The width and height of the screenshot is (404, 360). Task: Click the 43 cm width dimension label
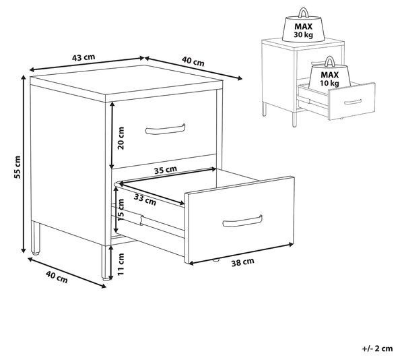click(x=83, y=57)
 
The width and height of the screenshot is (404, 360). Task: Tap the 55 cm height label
click(x=18, y=167)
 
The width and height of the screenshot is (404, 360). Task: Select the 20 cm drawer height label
click(x=121, y=138)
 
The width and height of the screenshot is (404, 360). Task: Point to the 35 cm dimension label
click(x=166, y=170)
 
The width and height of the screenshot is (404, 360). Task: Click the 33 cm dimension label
click(x=145, y=200)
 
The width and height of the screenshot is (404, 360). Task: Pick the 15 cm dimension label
click(x=121, y=210)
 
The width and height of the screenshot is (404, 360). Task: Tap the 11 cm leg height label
click(x=121, y=264)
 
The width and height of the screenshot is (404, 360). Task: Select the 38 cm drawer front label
click(x=242, y=262)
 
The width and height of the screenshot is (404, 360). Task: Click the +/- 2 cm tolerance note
click(x=378, y=349)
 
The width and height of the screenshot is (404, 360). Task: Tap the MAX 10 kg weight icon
click(x=329, y=75)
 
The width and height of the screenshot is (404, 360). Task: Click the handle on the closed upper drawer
click(x=165, y=129)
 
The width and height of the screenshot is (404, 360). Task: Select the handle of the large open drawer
click(x=242, y=222)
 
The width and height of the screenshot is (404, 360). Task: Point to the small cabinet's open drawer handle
click(x=353, y=102)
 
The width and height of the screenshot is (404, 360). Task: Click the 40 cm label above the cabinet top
click(x=193, y=61)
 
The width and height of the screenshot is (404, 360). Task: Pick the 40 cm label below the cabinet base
click(x=57, y=277)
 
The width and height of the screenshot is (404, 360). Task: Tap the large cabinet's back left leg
click(x=36, y=238)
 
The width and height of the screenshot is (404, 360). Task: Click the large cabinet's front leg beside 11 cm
click(x=105, y=262)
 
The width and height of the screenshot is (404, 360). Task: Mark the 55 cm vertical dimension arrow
click(x=24, y=164)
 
